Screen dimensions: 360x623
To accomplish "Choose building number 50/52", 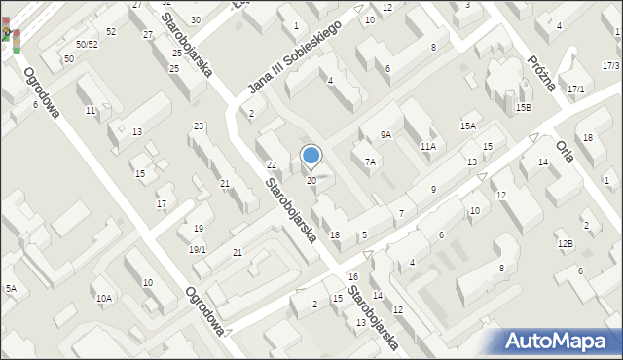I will [87, 45].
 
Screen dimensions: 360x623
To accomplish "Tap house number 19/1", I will [197, 250].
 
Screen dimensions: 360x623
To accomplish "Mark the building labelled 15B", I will [524, 107].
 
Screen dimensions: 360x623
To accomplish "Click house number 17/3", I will [611, 65].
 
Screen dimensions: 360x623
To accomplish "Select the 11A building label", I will [427, 146].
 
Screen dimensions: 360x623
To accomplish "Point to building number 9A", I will [385, 135].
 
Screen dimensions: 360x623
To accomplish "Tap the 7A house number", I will [370, 162].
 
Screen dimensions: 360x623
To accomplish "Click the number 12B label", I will [565, 243].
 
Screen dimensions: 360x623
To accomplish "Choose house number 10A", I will [103, 298].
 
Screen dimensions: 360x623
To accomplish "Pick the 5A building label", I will [11, 289].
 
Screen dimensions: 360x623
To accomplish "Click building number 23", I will [199, 126].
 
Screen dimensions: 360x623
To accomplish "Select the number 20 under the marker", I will [311, 181].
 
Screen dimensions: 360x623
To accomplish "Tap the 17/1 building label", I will [576, 90].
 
